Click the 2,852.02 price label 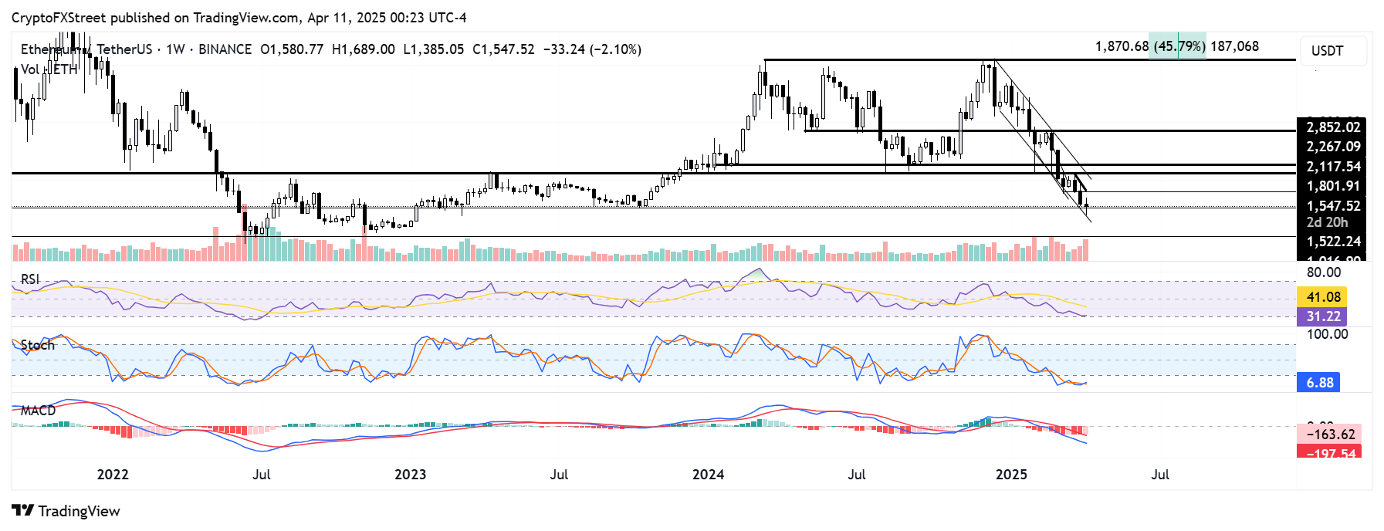click(1333, 127)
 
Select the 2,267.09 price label click(1333, 147)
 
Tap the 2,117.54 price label click(1333, 167)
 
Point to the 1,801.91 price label click(1333, 186)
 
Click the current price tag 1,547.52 click(1333, 206)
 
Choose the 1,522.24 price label click(1333, 242)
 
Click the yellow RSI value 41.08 click(1323, 297)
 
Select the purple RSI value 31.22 click(1323, 316)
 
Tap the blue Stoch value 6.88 click(1320, 383)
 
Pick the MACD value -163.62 click(1330, 435)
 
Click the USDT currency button click(1327, 51)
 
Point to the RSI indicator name click(30, 279)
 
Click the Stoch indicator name click(38, 345)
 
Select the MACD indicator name click(39, 411)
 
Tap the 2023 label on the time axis click(410, 475)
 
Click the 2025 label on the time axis click(1011, 475)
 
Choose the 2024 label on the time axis click(708, 475)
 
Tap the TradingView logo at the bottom click(66, 511)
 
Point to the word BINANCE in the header click(225, 49)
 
